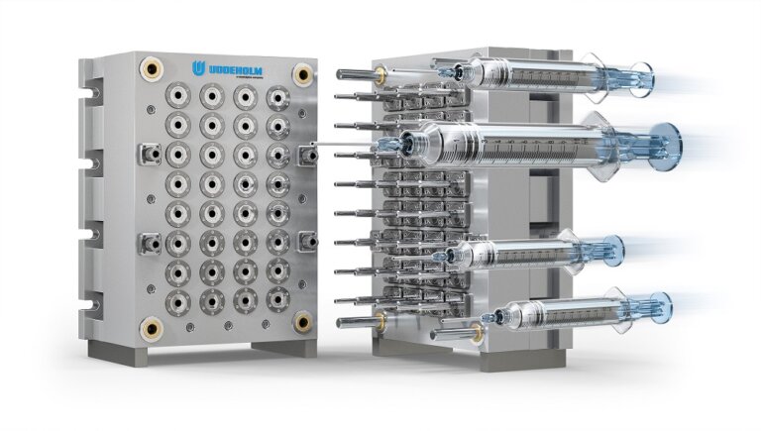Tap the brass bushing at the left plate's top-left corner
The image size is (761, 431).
tap(152, 68)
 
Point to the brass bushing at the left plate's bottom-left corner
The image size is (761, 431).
tap(152, 326)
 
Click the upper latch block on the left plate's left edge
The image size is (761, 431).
tap(151, 154)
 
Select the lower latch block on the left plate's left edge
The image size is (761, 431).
tap(151, 240)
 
